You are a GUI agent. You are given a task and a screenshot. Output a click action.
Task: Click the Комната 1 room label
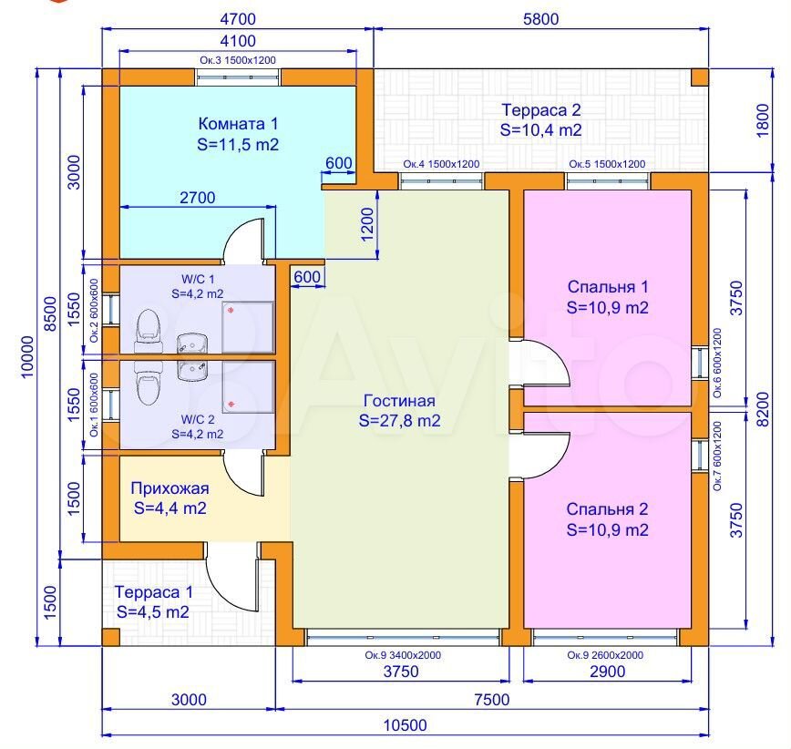click(238, 134)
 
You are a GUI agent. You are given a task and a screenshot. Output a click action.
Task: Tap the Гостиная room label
click(399, 411)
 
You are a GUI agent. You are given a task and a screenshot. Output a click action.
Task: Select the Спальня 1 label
click(607, 297)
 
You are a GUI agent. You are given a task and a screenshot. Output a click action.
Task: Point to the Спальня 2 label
click(607, 519)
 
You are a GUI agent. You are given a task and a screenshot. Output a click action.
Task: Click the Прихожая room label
click(170, 498)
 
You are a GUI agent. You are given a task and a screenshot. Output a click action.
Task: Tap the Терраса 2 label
click(540, 120)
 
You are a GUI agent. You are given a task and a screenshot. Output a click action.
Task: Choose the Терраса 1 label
click(153, 601)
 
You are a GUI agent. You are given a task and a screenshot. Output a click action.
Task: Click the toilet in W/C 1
click(149, 331)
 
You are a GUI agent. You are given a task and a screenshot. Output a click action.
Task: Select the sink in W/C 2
click(192, 370)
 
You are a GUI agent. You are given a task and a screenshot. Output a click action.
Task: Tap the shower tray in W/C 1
click(248, 327)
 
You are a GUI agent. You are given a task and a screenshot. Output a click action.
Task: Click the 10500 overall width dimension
click(406, 725)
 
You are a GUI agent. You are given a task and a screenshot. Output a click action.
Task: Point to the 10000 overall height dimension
click(27, 356)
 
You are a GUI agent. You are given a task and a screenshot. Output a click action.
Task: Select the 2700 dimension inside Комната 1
click(197, 197)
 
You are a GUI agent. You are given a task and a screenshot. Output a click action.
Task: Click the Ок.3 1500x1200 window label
click(238, 60)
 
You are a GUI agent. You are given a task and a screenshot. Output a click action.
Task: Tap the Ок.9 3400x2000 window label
click(403, 655)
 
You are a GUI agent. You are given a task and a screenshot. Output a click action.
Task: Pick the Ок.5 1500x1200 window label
click(607, 164)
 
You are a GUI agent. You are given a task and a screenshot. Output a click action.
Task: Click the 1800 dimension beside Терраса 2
click(762, 120)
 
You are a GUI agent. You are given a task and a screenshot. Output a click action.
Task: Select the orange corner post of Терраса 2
click(699, 77)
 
